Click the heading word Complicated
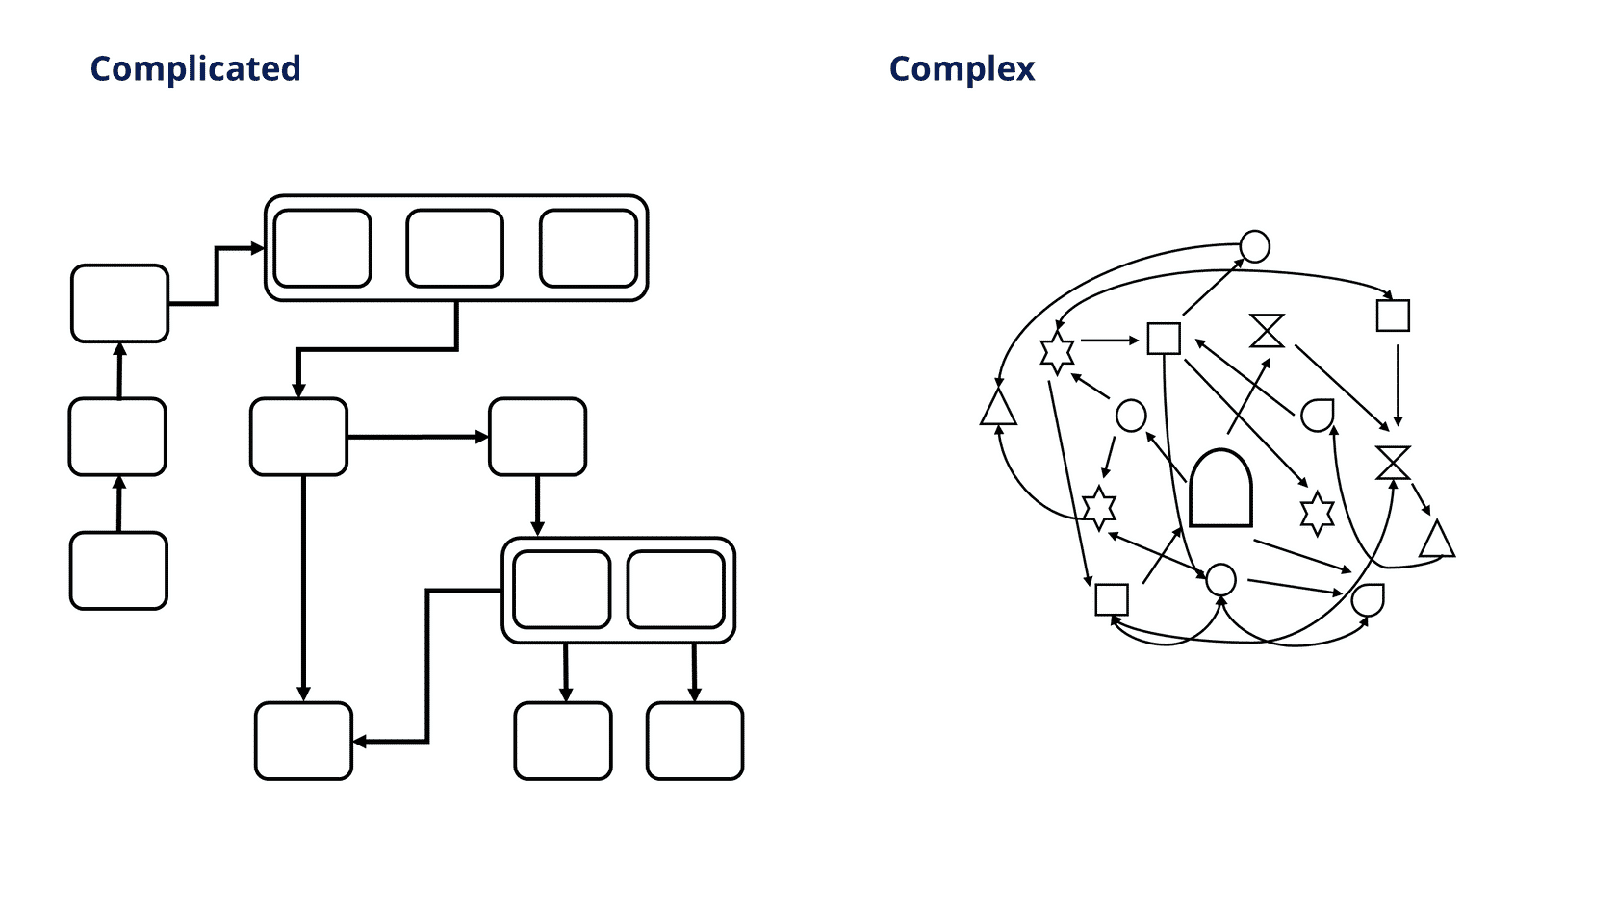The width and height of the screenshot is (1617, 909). coord(194,69)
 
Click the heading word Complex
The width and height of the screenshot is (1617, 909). coord(962,69)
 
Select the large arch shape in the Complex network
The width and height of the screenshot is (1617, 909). coord(1220,488)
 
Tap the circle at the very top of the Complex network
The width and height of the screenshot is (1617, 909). coord(1255,246)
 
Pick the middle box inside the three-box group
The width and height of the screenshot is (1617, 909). coord(454,248)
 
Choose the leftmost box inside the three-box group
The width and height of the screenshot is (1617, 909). coord(322,248)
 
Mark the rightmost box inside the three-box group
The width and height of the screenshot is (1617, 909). coord(588,248)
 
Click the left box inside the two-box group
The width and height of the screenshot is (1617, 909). coord(562,590)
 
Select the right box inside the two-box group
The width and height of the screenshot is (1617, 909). coord(676,590)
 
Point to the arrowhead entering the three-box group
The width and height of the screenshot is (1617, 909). coord(258,248)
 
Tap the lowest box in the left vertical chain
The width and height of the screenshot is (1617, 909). coord(118,570)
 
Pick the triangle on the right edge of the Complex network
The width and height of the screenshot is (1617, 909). coord(1436,539)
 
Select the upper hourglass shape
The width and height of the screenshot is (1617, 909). coord(1267,331)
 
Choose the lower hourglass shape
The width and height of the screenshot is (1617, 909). coord(1394,463)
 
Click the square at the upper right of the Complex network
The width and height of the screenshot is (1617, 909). coord(1393,316)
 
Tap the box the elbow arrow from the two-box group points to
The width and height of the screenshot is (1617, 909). coord(303,741)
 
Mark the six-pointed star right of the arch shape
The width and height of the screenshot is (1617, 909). coord(1317,514)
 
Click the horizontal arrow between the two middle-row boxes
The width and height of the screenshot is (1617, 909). coord(418,437)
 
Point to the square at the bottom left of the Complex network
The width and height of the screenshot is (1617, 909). coord(1112,599)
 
